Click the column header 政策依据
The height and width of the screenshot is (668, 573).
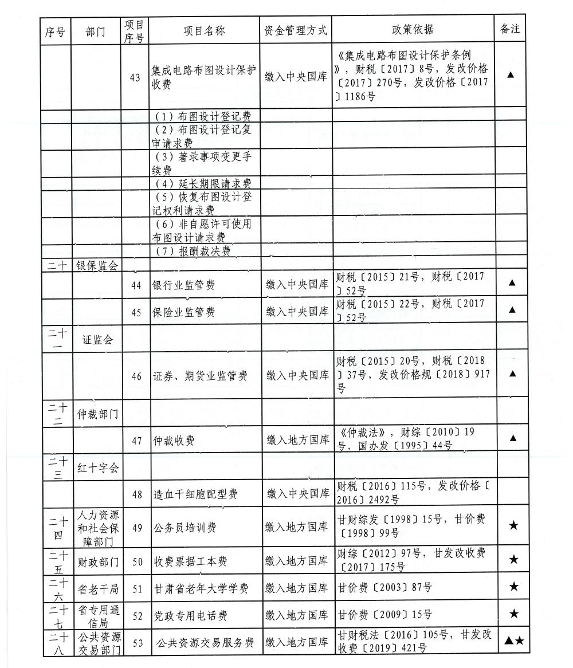413,30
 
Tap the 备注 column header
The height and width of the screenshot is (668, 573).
510,30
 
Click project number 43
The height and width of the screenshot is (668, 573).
136,78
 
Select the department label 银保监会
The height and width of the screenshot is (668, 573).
98,266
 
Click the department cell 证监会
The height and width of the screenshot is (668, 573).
98,340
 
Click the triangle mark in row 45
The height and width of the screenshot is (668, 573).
512,310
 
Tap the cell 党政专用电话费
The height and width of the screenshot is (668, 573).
190,615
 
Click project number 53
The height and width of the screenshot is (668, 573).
138,643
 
